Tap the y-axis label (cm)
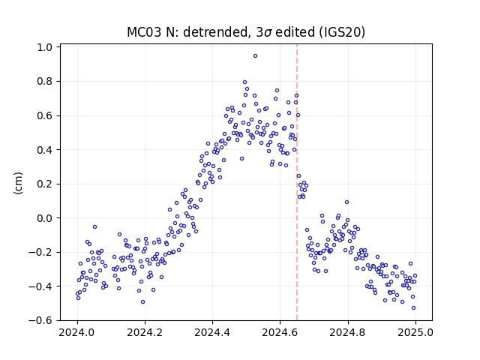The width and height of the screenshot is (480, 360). coord(18,183)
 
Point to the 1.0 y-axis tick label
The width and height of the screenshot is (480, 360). coord(44,47)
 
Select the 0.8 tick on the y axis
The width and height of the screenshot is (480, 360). coord(44,82)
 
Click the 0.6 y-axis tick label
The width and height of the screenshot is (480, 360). coord(44,115)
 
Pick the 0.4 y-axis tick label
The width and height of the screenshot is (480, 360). coord(44,150)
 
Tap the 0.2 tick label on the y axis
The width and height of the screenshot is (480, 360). coord(44,184)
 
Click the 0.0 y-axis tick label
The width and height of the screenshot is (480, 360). coord(44,218)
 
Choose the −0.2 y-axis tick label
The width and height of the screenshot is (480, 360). coord(40,252)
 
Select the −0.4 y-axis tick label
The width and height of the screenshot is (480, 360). coord(40,286)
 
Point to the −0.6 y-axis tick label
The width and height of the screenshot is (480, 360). coord(40,320)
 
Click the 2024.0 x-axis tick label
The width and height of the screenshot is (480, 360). coord(77,332)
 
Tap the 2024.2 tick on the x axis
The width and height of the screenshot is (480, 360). coord(145,332)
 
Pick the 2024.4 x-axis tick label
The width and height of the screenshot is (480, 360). coord(212,332)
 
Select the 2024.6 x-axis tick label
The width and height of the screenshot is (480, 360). coord(280,332)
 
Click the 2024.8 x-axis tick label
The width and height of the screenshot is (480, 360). coord(347,332)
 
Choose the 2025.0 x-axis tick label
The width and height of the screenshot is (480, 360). coord(415,332)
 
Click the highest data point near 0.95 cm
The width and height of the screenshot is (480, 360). coord(255,56)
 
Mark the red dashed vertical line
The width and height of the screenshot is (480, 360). coord(297,182)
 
